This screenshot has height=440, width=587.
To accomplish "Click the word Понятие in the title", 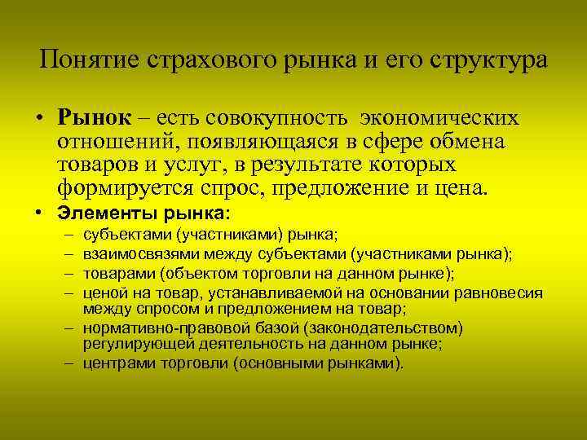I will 87,60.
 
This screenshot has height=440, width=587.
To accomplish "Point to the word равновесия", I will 505,293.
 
